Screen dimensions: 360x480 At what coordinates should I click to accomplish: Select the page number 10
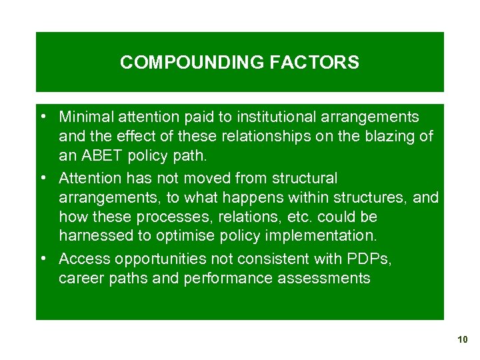(x=463, y=340)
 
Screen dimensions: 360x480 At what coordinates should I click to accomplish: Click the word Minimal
(x=85, y=117)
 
